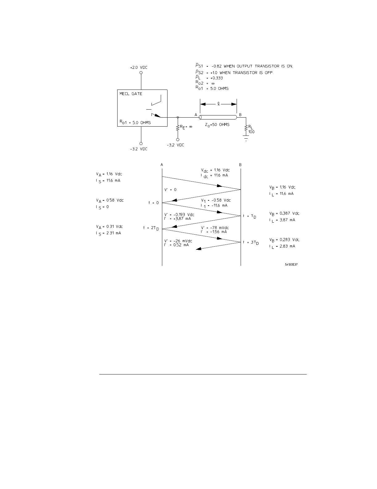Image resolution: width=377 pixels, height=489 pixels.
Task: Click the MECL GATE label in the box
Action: [131, 94]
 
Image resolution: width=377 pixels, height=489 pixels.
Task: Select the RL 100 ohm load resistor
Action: [246, 128]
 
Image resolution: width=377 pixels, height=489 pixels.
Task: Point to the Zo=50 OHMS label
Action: [217, 124]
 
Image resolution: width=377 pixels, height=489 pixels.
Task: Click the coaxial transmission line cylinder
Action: [218, 117]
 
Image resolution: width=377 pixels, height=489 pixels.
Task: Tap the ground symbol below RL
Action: [246, 137]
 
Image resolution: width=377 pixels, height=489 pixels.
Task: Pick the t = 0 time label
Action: [153, 203]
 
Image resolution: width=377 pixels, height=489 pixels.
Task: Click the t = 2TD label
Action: [151, 228]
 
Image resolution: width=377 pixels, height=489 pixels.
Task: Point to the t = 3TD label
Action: [251, 242]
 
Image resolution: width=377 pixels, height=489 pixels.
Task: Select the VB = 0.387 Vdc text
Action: [284, 213]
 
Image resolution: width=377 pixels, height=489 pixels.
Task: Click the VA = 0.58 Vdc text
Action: [110, 200]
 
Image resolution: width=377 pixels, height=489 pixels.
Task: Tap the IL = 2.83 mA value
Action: [282, 246]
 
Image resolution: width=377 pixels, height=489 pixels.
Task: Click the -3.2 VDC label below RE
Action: [175, 145]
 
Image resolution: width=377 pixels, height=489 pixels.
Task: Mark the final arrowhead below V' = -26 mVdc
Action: [199, 249]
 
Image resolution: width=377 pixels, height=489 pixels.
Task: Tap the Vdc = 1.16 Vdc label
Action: [215, 170]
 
